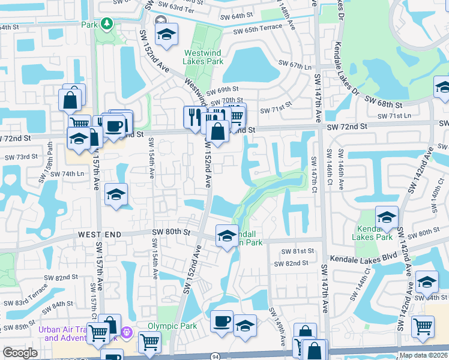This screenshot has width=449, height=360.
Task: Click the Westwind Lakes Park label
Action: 203,56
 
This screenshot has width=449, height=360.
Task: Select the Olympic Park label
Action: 164,326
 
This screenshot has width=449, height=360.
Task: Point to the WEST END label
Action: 100,233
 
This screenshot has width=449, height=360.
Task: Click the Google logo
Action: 20,353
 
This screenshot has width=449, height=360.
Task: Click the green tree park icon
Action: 107,24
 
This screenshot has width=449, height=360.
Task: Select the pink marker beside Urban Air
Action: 127,332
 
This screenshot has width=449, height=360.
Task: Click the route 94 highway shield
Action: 214,356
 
